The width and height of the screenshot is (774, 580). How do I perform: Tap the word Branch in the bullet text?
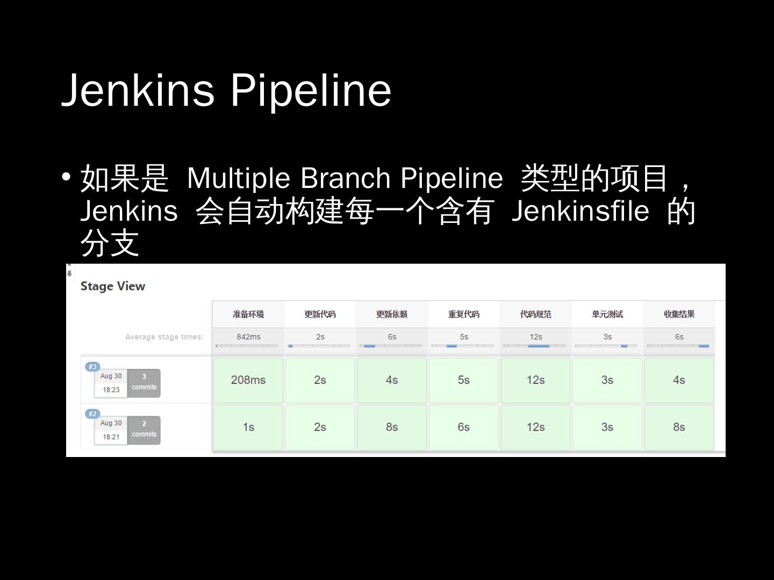345,178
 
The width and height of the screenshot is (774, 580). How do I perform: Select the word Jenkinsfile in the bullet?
580,211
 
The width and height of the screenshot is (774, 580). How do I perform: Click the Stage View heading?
113,286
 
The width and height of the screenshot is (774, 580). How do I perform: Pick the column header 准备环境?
248,314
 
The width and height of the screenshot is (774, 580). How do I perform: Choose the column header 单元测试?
607,314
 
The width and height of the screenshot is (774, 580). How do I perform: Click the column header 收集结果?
679,314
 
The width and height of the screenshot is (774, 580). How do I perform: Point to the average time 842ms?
248,337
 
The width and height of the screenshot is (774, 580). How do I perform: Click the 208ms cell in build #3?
248,380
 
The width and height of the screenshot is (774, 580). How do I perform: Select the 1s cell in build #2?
248,427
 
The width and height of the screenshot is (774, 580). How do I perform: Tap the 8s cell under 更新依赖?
392,427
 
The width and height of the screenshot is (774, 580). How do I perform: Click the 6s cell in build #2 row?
464,427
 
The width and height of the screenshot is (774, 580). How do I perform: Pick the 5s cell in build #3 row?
464,380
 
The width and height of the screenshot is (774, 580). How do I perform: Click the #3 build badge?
92,367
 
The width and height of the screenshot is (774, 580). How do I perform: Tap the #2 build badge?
92,414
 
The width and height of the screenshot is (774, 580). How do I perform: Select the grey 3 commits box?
144,383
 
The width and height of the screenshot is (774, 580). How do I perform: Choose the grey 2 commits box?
144,430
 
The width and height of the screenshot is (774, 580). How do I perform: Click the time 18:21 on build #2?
111,437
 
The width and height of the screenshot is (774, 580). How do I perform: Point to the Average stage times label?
164,337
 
